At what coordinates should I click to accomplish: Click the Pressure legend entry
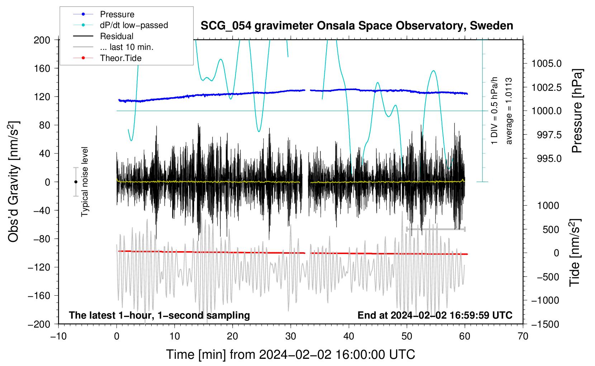point(104,14)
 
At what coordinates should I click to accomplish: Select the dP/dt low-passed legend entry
point(120,25)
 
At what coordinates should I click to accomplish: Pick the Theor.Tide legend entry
point(107,58)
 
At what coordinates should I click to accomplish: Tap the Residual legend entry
point(103,36)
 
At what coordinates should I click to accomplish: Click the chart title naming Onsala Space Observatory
point(357,26)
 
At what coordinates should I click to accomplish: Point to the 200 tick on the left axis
point(42,40)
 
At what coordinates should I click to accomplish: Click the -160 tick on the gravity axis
point(39,296)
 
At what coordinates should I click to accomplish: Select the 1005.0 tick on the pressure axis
point(546,64)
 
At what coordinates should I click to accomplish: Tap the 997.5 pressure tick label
point(549,135)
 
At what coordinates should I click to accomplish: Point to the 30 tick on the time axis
point(291,337)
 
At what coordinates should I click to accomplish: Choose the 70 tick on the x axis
point(523,337)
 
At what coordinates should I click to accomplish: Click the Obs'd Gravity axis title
point(14,182)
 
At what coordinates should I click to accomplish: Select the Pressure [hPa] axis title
point(576,111)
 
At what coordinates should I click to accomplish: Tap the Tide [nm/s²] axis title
point(575,253)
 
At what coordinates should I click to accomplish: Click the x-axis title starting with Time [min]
point(291,355)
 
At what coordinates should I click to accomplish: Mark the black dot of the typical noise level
point(76,182)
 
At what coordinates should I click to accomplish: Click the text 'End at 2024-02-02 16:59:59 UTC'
point(435,315)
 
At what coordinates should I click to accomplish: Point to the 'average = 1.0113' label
point(509,111)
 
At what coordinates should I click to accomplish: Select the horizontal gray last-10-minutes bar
point(435,229)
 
